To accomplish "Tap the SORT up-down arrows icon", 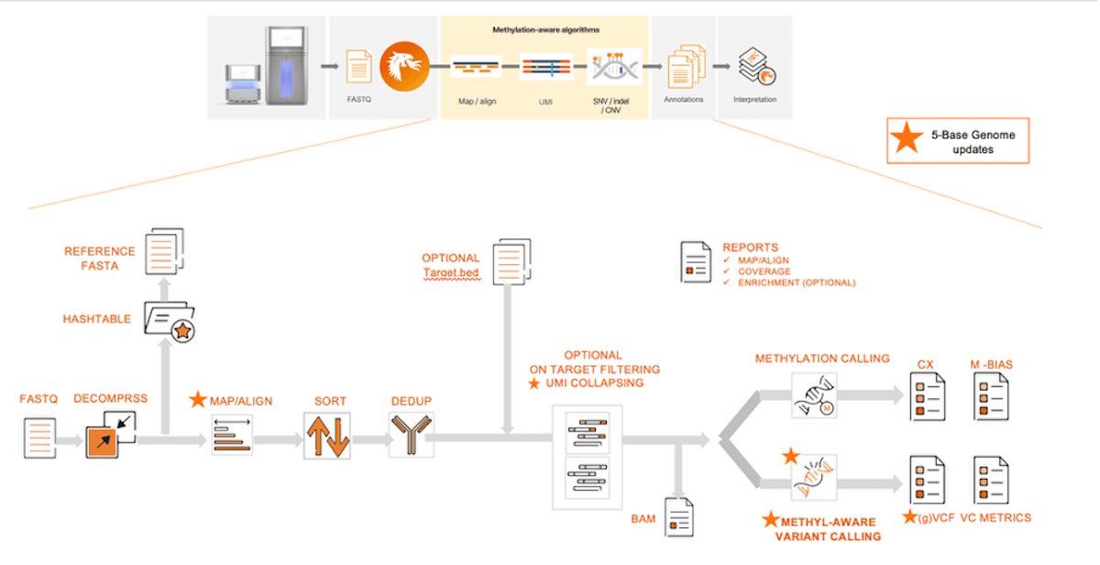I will pos(327,435).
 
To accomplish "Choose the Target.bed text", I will pos(450,273).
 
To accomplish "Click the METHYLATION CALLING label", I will pos(822,359).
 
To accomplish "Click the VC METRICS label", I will pos(995,518).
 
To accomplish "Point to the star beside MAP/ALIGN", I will pos(197,400).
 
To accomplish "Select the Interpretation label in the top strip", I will pos(754,99).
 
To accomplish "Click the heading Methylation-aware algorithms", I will pos(544,30).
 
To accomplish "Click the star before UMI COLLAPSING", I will pos(533,382).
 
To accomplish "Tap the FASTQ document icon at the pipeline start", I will pos(38,438).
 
